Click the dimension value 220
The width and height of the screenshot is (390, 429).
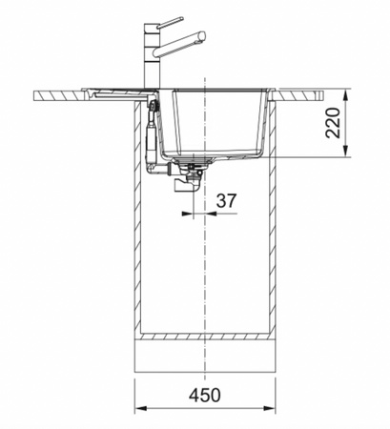coord(333,123)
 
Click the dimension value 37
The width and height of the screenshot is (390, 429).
coord(226,201)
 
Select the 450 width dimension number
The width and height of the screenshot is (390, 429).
coord(205,395)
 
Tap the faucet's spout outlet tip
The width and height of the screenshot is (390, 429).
coord(202,35)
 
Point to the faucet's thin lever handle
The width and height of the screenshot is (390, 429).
coord(171,23)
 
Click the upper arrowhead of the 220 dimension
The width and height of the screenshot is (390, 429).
coord(346,92)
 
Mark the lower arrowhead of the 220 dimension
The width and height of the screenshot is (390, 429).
coord(346,153)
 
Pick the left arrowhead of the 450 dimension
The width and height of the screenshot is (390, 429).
coord(140,409)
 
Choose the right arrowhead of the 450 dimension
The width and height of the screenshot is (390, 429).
coord(270,409)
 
